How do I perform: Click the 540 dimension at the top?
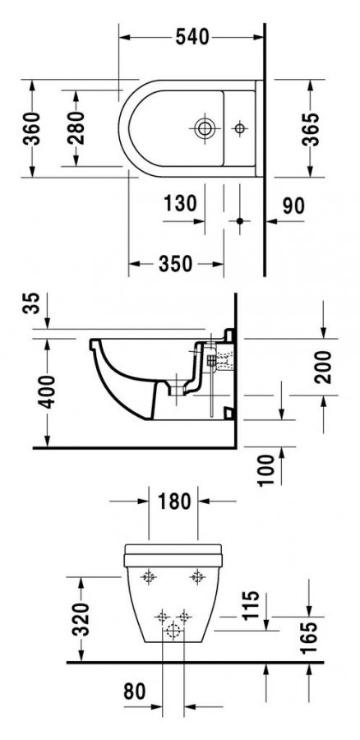[x=192, y=37]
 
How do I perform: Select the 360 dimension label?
[x=31, y=128]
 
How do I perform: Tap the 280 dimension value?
[x=76, y=127]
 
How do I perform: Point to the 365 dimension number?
[x=311, y=129]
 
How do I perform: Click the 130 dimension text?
[x=180, y=204]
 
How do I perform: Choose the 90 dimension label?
[x=293, y=206]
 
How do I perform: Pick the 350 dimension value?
[x=175, y=264]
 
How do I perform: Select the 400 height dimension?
[x=47, y=391]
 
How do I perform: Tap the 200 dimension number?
[x=324, y=367]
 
